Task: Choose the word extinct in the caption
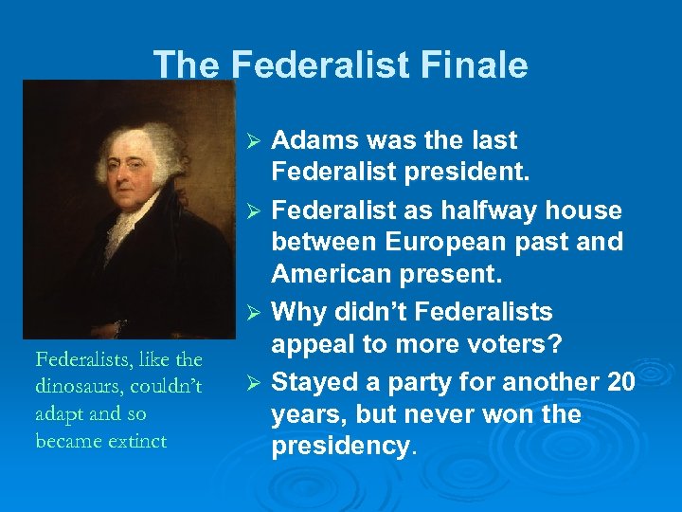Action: coord(138,441)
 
